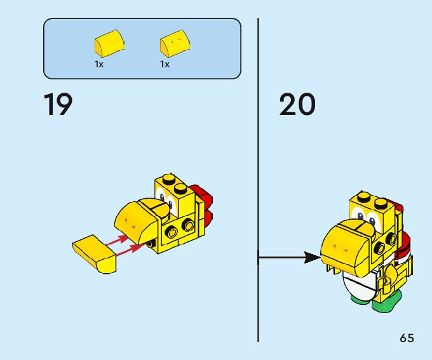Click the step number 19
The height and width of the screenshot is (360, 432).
58,105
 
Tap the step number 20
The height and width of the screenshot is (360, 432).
297,105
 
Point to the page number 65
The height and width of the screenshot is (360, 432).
407,338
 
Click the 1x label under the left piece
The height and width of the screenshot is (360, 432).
99,64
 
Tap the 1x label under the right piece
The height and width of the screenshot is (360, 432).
165,64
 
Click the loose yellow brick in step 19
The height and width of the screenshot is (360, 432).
94,252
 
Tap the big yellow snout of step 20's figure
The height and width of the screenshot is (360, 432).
346,241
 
